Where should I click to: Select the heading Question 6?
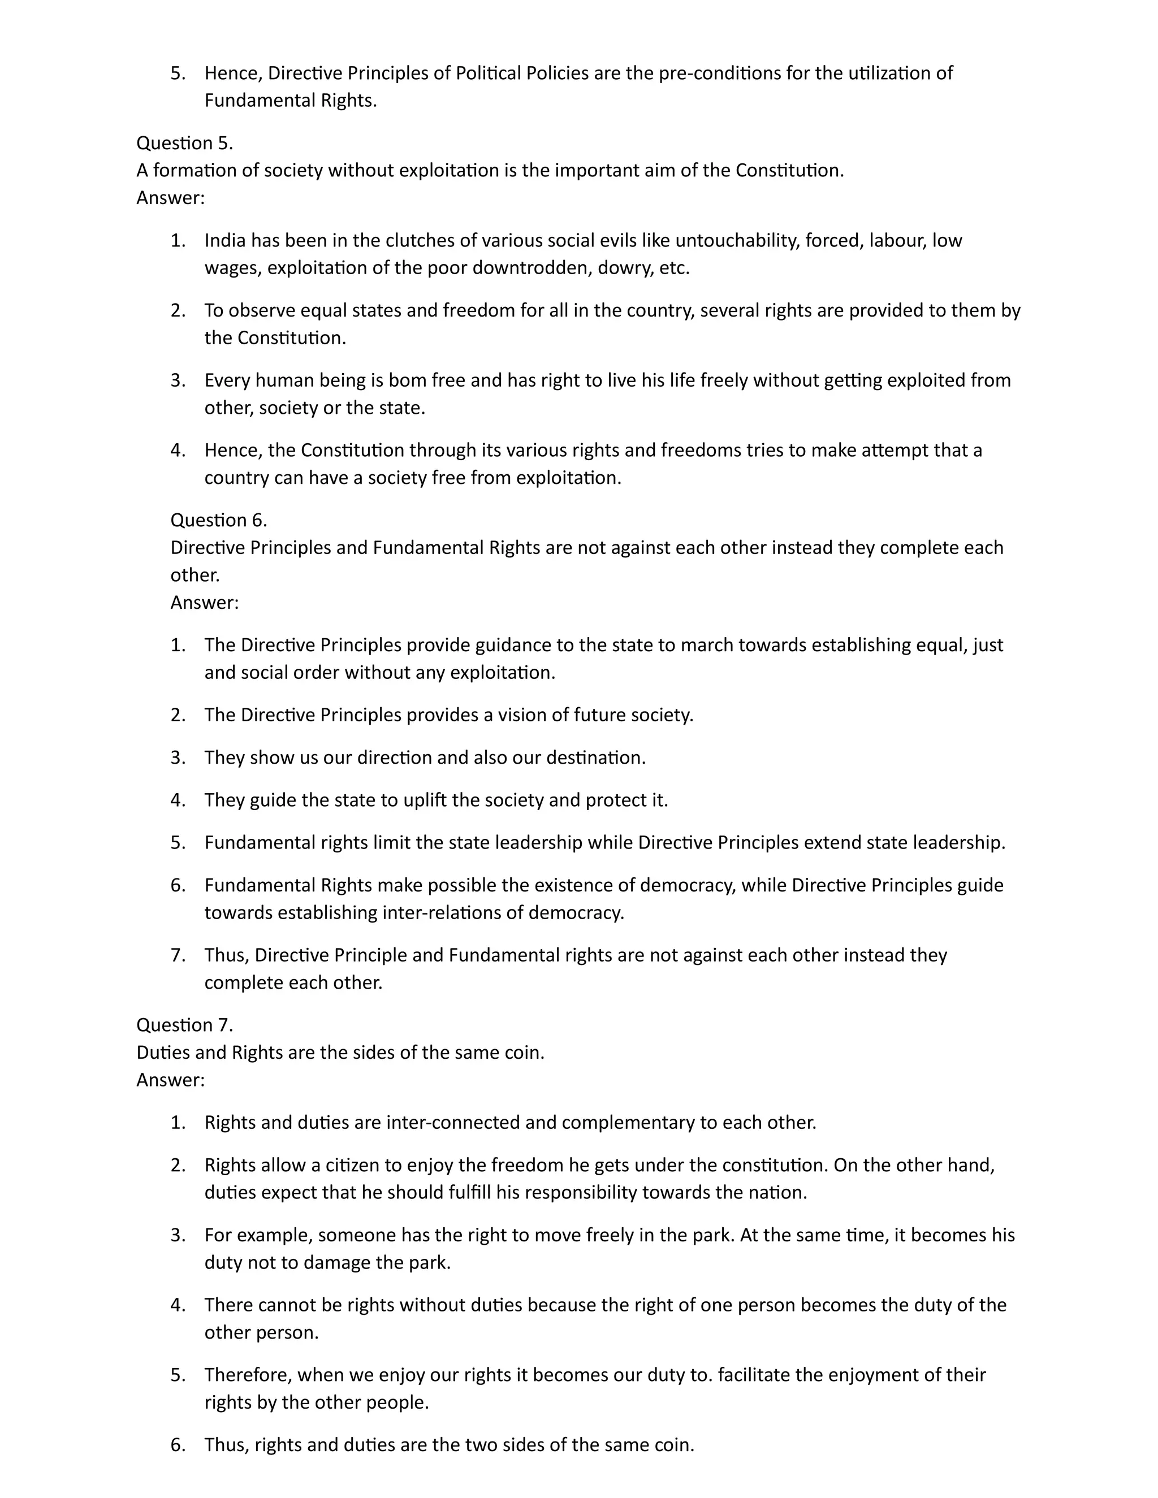[x=218, y=520]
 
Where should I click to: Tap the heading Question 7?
[x=184, y=1025]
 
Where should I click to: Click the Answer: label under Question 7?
[x=170, y=1080]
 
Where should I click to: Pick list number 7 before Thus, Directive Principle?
[x=178, y=955]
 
